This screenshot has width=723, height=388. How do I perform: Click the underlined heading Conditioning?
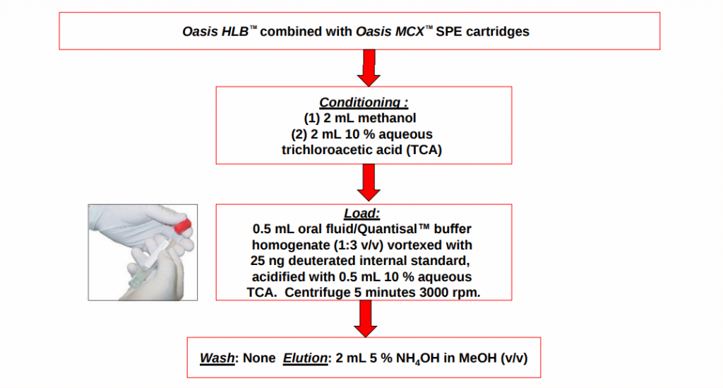pos(364,102)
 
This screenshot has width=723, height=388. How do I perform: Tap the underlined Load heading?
pos(362,213)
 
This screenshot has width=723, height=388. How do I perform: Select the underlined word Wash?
pos(217,358)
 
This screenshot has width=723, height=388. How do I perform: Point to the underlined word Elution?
pos(305,358)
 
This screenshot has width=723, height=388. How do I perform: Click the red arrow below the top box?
pos(369,68)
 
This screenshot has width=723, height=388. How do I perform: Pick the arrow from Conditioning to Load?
pos(369,183)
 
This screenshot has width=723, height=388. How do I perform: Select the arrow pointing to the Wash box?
pos(366,319)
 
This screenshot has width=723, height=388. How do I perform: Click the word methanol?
pos(387,118)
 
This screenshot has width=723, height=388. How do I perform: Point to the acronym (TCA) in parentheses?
pos(424,150)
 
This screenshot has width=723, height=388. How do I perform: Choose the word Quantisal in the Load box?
pos(394,229)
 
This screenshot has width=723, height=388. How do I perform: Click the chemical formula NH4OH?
pos(418,358)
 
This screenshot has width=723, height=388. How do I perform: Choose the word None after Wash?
pos(259,358)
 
